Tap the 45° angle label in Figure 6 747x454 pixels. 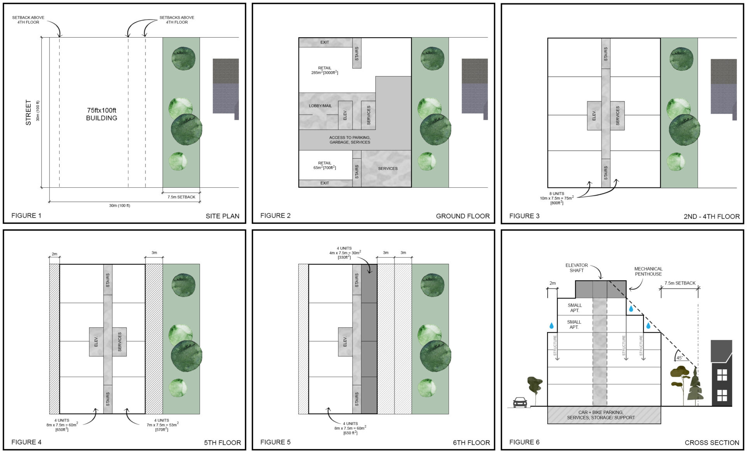679,358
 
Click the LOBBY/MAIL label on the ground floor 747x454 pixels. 320,106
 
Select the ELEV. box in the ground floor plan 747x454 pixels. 345,115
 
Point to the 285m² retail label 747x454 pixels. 324,70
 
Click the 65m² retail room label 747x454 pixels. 324,166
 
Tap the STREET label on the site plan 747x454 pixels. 28,112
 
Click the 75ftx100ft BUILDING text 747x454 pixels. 102,114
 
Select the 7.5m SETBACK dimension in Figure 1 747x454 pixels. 181,197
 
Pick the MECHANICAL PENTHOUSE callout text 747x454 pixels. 648,271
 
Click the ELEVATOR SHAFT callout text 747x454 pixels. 577,268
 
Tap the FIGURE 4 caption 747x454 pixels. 26,442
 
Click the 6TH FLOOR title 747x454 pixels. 471,442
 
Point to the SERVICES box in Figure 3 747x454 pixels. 617,115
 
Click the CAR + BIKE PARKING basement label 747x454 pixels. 601,415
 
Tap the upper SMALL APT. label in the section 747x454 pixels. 574,308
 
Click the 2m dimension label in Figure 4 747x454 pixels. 54,254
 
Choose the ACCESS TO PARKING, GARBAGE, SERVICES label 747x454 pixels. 350,140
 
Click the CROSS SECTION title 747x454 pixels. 712,442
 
